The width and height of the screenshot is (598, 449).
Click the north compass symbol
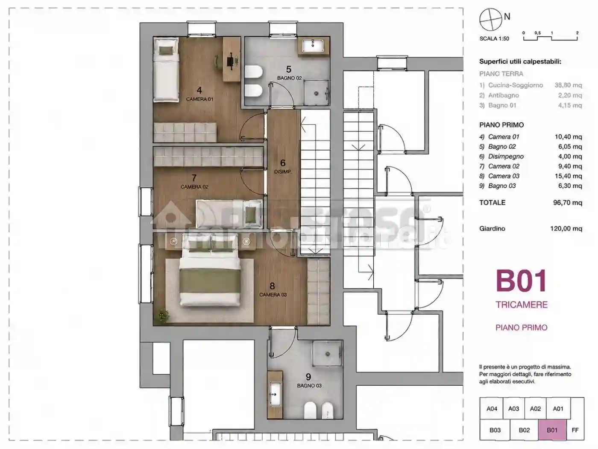coord(490,19)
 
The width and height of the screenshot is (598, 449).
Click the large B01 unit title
coord(521,281)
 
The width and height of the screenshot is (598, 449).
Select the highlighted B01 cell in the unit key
coord(552,430)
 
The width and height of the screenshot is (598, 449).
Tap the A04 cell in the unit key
coord(492,409)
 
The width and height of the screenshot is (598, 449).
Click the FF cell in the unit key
coord(575,430)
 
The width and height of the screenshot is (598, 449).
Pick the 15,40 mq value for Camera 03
coord(568,176)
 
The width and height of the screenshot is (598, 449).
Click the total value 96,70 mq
coord(568,203)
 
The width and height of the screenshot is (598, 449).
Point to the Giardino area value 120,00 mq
coord(566,228)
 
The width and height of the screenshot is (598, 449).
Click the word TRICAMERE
coord(522,304)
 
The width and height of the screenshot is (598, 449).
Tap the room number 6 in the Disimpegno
coord(283,163)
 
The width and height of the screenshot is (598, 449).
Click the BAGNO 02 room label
coord(289,78)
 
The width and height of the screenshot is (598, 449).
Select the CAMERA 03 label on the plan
coord(273,295)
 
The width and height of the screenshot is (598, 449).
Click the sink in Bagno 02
coord(314,45)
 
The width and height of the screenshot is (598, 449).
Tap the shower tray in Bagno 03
coord(327,354)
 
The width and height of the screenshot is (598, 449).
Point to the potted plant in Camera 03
coord(164,316)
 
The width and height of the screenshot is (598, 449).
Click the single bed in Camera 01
coord(166,70)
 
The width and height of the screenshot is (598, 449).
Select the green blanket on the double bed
coord(210,284)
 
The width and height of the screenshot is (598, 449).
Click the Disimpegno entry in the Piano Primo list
coord(506,157)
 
